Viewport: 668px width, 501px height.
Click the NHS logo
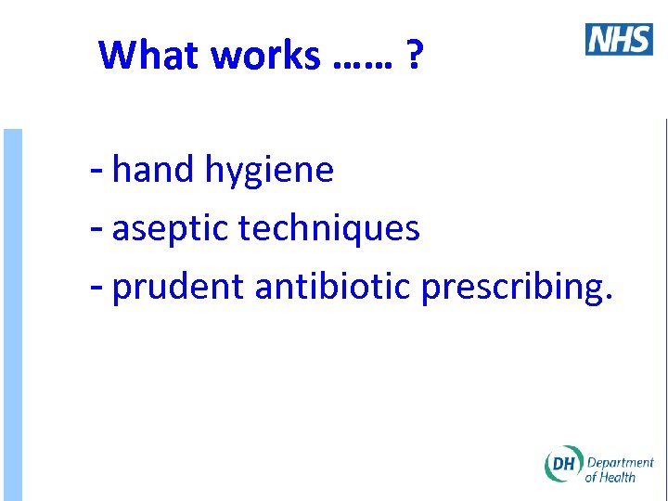(x=619, y=39)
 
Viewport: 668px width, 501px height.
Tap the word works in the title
(x=265, y=56)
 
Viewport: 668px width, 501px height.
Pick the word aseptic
(x=170, y=229)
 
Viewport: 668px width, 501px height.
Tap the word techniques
(x=329, y=229)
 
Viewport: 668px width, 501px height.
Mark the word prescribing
(x=510, y=289)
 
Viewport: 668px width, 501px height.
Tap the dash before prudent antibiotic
(x=97, y=289)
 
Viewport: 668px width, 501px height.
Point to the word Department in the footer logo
(x=621, y=462)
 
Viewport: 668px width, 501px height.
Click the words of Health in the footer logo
(x=610, y=477)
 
